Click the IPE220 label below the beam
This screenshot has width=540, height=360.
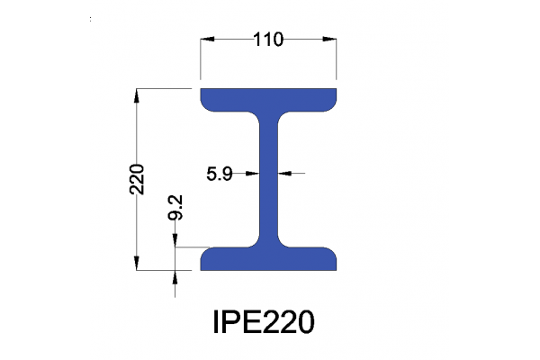263,321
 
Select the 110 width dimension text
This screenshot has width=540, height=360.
268,40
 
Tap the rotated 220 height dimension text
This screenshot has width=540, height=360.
137,179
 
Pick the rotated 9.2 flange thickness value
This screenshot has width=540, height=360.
176,209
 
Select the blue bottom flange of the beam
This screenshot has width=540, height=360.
268,259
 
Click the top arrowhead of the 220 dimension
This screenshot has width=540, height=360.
137,94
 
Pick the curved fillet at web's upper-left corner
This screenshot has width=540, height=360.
255,116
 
